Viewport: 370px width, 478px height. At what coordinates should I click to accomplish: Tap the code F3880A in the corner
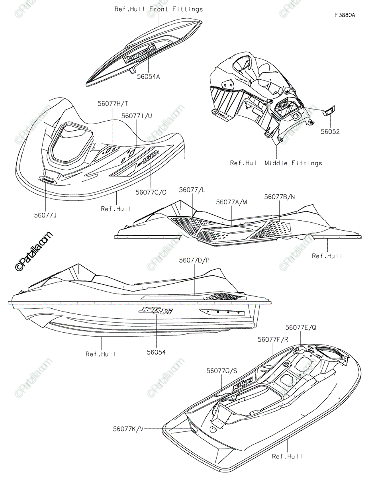pos(345,16)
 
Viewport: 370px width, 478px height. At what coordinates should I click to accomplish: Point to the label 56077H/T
pos(113,104)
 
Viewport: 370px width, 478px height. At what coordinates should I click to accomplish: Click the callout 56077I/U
pos(137,116)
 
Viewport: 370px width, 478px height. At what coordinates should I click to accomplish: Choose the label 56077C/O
pos(151,192)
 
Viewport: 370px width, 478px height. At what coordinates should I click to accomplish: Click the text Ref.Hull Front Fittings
pos(159,9)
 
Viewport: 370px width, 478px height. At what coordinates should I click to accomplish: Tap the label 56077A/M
pos(231,202)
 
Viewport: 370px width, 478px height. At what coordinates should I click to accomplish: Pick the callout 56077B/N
pos(280,197)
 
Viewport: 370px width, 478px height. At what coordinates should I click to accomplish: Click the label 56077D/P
pos(194,260)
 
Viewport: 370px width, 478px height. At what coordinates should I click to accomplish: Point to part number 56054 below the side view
pos(156,352)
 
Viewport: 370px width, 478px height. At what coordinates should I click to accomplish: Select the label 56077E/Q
pos(301,327)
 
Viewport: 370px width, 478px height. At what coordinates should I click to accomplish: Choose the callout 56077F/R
pos(273,340)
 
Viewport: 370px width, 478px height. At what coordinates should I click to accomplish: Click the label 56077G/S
pos(222,371)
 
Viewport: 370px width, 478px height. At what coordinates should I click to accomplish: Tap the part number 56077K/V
pos(128,429)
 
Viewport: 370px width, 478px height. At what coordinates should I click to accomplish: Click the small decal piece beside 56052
pos(329,111)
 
